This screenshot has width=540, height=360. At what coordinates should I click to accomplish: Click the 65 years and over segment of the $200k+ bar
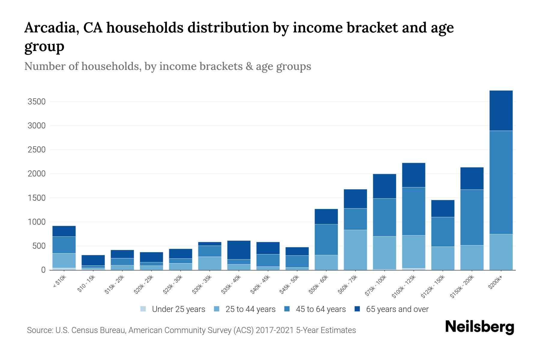501,110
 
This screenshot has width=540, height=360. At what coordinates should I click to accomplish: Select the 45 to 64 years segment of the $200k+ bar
501,182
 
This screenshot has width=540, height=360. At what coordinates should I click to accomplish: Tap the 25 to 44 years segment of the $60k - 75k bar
355,250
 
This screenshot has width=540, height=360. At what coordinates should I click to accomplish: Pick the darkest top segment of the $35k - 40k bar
239,250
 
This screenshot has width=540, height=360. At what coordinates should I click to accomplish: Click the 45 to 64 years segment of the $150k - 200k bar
472,217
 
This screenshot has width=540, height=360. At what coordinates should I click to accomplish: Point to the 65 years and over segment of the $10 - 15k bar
93,260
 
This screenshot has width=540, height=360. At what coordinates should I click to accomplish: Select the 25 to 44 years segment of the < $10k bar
64,260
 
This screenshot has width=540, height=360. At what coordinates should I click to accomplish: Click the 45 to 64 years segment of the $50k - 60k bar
326,239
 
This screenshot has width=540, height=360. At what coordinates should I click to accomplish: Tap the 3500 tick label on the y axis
37,102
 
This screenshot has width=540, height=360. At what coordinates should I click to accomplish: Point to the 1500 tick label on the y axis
37,198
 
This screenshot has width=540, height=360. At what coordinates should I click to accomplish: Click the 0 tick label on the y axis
43,270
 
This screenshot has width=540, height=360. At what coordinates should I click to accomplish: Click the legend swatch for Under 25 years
143,309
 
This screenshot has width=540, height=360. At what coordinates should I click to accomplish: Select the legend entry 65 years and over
397,309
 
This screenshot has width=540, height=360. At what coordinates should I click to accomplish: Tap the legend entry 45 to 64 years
320,309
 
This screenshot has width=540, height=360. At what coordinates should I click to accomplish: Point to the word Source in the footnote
40,330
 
